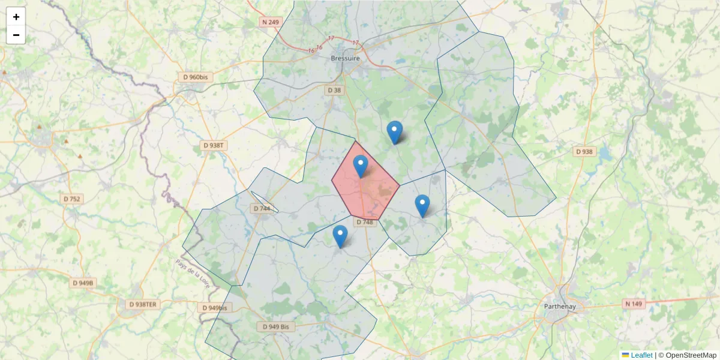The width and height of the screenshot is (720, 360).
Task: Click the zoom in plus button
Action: pyautogui.click(x=16, y=17)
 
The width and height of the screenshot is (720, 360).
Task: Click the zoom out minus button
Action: pyautogui.click(x=16, y=35)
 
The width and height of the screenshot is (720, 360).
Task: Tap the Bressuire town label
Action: pyautogui.click(x=346, y=59)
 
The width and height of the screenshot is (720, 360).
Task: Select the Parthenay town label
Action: pyautogui.click(x=559, y=307)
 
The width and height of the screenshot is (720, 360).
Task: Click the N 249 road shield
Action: pyautogui.click(x=271, y=22)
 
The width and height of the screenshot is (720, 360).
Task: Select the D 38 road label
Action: pyautogui.click(x=334, y=90)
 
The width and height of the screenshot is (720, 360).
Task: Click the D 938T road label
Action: pyautogui.click(x=214, y=146)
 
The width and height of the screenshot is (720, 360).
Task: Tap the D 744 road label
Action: pyautogui.click(x=262, y=209)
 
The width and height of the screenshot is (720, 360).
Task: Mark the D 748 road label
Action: pyautogui.click(x=364, y=222)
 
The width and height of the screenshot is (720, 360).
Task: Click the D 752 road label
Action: pyautogui.click(x=72, y=199)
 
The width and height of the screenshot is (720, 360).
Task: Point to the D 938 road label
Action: pyautogui.click(x=584, y=152)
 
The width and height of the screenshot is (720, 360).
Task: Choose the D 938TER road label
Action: pyautogui.click(x=143, y=304)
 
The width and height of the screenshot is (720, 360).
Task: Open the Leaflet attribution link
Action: pyautogui.click(x=641, y=355)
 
